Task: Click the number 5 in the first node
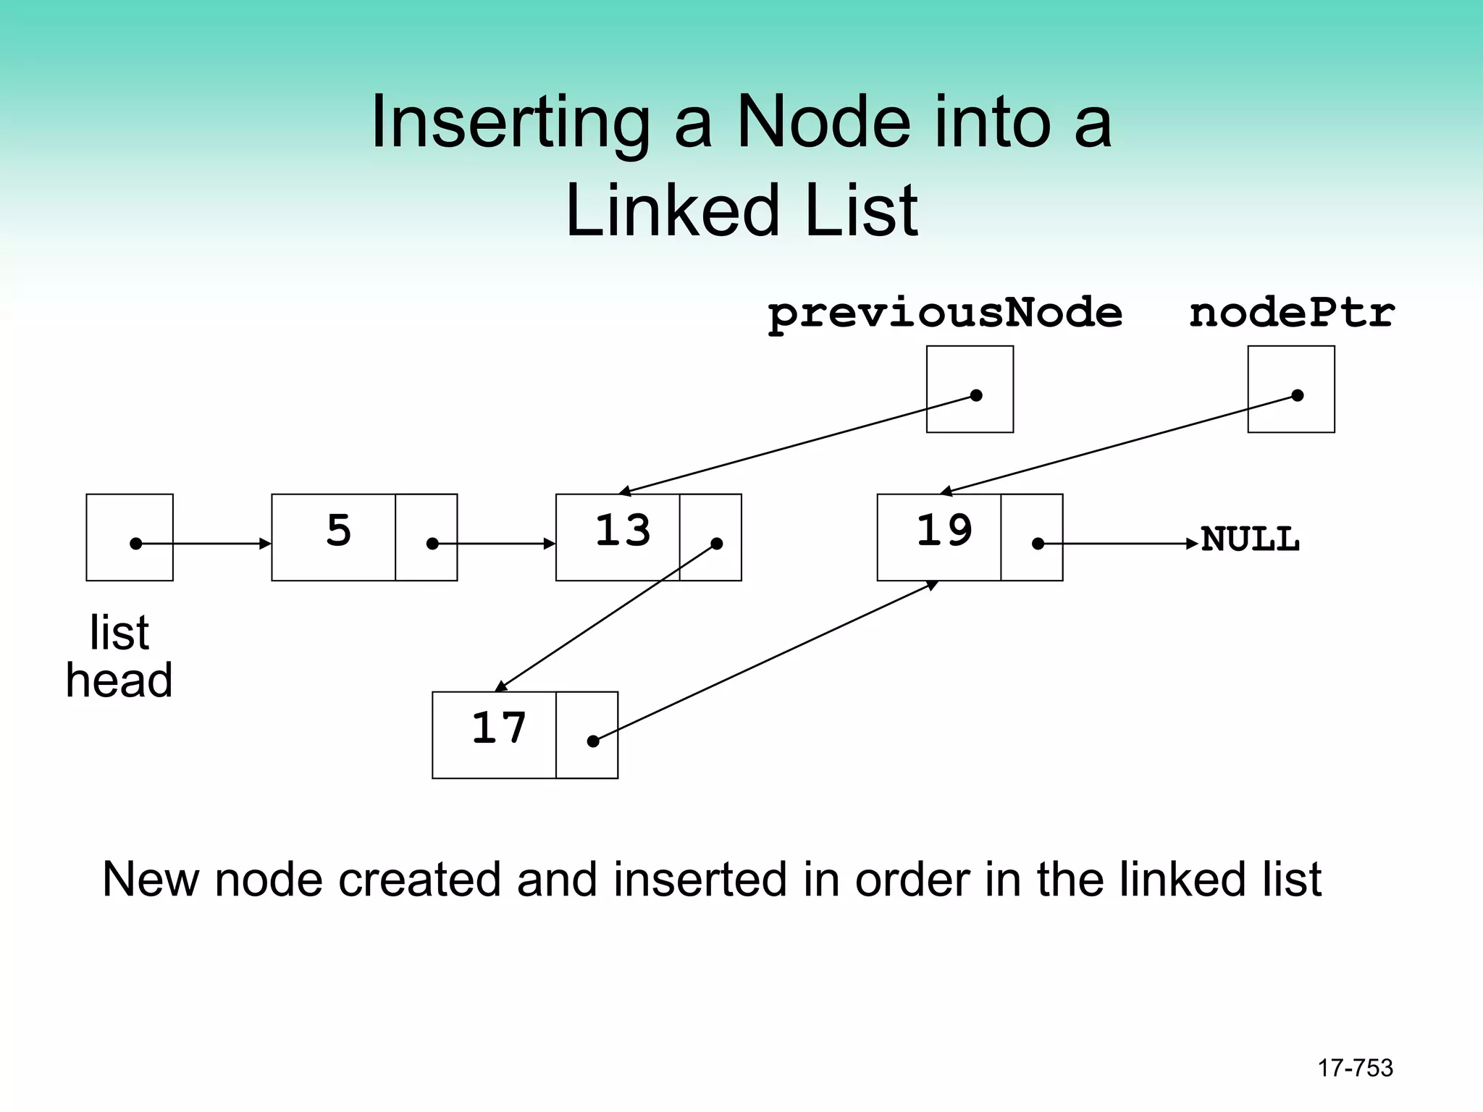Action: click(x=338, y=531)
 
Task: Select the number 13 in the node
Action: click(x=623, y=531)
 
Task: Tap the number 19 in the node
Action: click(x=944, y=531)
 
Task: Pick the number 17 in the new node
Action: click(x=498, y=728)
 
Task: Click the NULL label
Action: click(x=1250, y=540)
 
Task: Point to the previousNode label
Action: click(x=945, y=314)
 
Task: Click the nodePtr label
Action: click(x=1291, y=314)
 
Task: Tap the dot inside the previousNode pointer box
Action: click(x=976, y=395)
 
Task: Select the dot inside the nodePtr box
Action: click(x=1298, y=395)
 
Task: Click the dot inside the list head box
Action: click(x=135, y=544)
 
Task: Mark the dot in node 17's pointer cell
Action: click(x=593, y=741)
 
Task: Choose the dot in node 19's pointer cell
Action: click(x=1038, y=544)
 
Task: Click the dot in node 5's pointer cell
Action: click(x=432, y=544)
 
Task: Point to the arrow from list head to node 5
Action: click(x=210, y=544)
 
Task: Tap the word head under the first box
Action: click(x=119, y=681)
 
